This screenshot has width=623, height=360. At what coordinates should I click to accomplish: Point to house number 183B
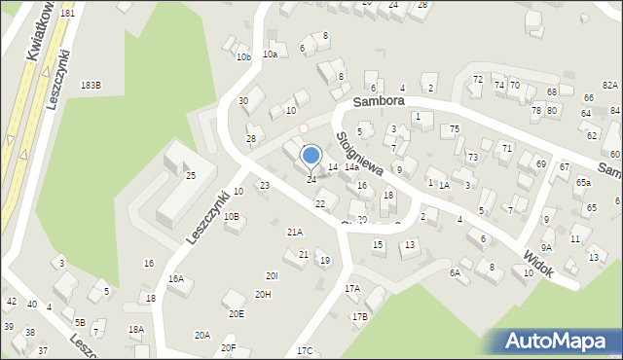coord(91,86)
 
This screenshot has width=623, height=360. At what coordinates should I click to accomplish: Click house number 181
coord(66,14)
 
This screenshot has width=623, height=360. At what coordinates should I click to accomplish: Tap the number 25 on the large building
coord(191,175)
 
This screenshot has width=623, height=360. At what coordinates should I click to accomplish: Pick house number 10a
coord(270,54)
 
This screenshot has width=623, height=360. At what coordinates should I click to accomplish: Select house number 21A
coord(294,232)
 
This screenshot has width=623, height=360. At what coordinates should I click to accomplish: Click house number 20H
coord(263,294)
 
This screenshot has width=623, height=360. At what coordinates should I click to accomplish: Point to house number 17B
coord(359,316)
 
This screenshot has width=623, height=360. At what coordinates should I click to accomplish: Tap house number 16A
coord(175,278)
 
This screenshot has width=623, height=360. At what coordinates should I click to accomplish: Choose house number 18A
coord(136,329)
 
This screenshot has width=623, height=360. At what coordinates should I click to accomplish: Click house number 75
coord(455,129)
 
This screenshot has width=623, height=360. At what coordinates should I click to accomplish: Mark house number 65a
coord(582,182)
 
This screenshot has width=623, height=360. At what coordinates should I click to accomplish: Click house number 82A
coord(609,86)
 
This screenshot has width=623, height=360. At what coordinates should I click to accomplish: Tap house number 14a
coord(350,167)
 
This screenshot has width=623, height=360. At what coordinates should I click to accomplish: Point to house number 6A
coord(454,272)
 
